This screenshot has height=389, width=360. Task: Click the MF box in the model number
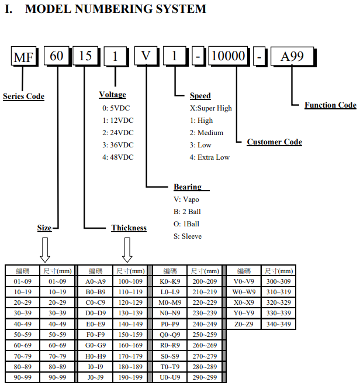click(24, 56)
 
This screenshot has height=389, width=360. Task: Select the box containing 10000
click(229, 56)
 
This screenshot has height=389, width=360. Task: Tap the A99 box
click(293, 56)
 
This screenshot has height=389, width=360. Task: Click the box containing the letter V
click(146, 56)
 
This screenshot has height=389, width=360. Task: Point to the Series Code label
click(24, 97)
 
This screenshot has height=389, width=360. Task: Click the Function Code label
click(331, 105)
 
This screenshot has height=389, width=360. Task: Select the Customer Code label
click(275, 142)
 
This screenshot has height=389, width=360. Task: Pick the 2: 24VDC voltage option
click(118, 133)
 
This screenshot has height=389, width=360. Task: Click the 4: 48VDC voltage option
click(118, 157)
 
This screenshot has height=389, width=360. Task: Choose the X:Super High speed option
click(211, 108)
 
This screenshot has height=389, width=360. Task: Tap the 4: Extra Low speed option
click(210, 157)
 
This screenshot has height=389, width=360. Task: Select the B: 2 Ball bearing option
click(187, 212)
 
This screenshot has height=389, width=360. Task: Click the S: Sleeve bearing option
click(188, 236)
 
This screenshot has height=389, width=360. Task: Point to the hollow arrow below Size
click(45, 250)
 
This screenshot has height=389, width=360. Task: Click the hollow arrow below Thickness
click(127, 250)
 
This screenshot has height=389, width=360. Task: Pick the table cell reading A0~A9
click(95, 281)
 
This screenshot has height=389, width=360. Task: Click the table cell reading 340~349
click(279, 324)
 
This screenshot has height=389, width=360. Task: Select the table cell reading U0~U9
click(170, 377)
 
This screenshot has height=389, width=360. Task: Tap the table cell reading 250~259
click(205, 335)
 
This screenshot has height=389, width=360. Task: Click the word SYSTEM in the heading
click(181, 9)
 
